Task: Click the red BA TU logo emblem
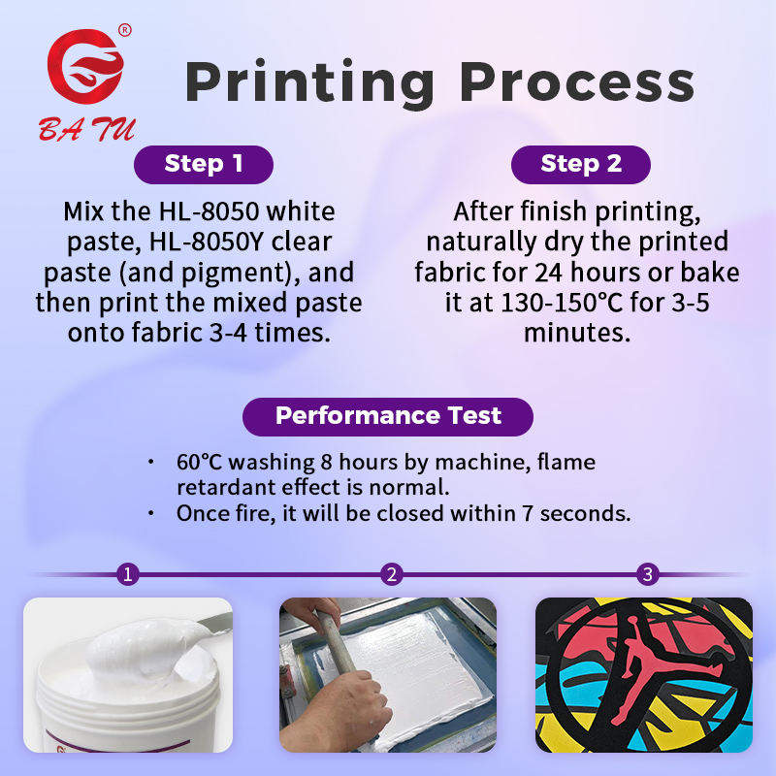85,67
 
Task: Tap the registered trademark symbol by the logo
125,30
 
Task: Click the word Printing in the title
309,83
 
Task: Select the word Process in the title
577,83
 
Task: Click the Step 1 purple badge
204,164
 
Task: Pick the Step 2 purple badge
580,164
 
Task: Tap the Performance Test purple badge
388,416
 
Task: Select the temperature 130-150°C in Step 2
562,303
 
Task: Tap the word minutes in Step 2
577,333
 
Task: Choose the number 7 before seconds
528,514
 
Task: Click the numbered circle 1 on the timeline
128,574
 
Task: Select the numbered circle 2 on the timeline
392,574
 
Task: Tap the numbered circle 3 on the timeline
647,574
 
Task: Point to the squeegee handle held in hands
336,643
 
